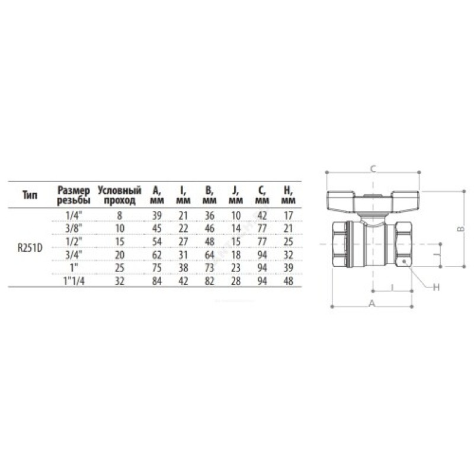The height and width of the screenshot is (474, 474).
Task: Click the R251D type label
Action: [30, 248]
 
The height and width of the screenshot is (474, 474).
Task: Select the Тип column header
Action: [30, 196]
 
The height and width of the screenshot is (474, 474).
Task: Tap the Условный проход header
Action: [120, 196]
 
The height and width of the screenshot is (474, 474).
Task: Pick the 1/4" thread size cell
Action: [74, 216]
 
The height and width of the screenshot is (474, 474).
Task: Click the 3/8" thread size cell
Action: [74, 229]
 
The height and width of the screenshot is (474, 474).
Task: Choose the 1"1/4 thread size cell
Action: [74, 281]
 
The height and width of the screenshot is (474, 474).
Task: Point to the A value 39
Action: [157, 216]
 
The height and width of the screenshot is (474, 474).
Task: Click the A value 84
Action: [157, 281]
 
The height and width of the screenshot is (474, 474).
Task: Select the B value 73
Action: [210, 268]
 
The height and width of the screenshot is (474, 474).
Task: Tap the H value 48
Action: [289, 281]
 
